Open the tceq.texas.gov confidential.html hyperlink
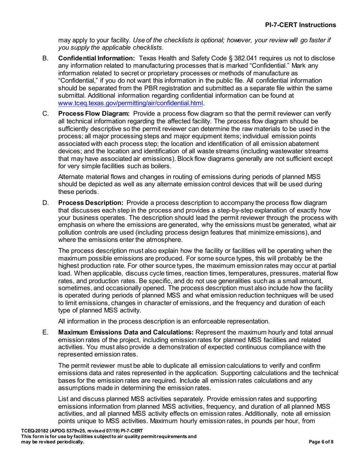pyautogui.click(x=131, y=103)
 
